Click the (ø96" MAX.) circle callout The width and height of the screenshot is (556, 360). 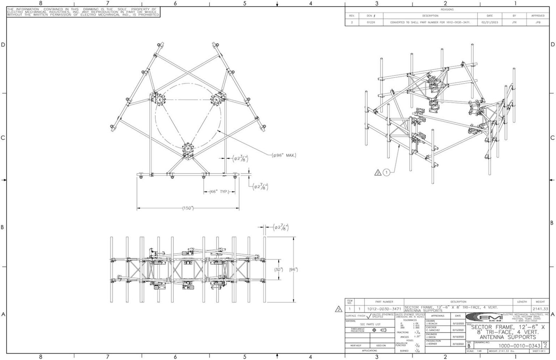[x=285, y=155]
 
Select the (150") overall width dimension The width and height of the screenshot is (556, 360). [x=188, y=208]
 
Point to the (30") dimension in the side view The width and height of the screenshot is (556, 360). [x=279, y=270]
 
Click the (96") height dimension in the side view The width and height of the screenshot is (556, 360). [x=293, y=270]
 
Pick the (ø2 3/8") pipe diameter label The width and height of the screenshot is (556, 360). [x=240, y=158]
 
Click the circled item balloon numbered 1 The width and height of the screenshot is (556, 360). [x=387, y=173]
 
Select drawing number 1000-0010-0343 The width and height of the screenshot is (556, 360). [x=519, y=346]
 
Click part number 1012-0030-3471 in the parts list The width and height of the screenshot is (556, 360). [x=384, y=309]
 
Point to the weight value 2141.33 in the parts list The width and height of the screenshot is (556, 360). [x=540, y=309]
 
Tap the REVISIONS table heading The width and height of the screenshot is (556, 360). [x=447, y=10]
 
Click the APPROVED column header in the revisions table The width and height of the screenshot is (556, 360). [x=538, y=16]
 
